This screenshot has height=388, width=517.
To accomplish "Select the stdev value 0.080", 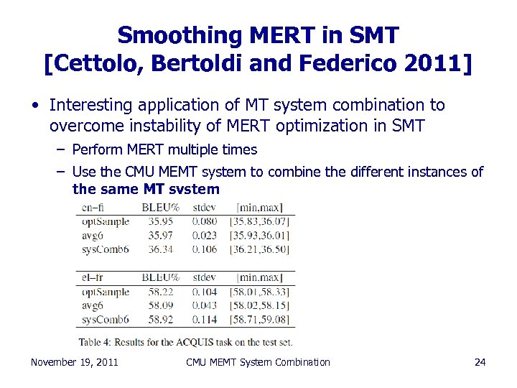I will (x=205, y=221).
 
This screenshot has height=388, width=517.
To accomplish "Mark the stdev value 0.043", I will (x=205, y=305).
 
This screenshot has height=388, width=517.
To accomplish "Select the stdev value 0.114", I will (x=205, y=319).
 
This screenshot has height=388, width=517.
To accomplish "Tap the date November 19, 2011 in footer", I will (x=75, y=362).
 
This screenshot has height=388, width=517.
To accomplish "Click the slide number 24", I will (x=480, y=362).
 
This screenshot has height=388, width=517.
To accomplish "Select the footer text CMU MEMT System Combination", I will (x=258, y=362).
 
